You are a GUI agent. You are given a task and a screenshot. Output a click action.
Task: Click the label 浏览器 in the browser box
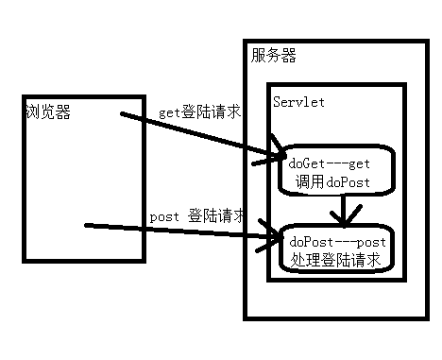pyautogui.click(x=48, y=114)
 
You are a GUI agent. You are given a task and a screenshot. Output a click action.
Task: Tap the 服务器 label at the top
pyautogui.click(x=274, y=56)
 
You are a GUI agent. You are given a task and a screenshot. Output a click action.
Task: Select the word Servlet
pyautogui.click(x=298, y=102)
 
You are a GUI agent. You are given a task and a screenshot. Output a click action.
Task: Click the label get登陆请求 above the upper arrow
pyautogui.click(x=199, y=111)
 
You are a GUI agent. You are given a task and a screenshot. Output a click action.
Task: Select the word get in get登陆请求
pyautogui.click(x=169, y=112)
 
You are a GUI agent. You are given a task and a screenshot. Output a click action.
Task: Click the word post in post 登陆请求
pyautogui.click(x=165, y=216)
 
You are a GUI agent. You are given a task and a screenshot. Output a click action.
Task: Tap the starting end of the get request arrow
pyautogui.click(x=124, y=116)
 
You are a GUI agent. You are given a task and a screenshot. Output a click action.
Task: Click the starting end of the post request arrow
pyautogui.click(x=88, y=226)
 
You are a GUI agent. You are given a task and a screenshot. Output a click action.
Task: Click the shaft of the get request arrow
pyautogui.click(x=198, y=135)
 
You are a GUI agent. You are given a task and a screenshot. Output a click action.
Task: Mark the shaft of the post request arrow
pyautogui.click(x=179, y=230)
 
